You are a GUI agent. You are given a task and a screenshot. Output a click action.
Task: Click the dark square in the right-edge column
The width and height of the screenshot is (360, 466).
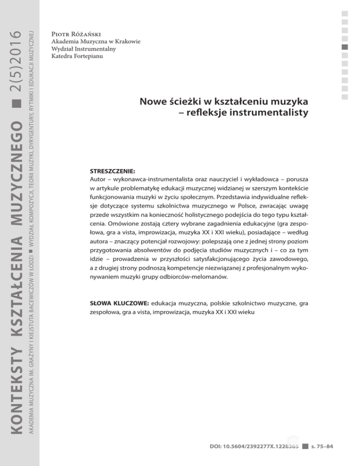pyautogui.click(x=345, y=47)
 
